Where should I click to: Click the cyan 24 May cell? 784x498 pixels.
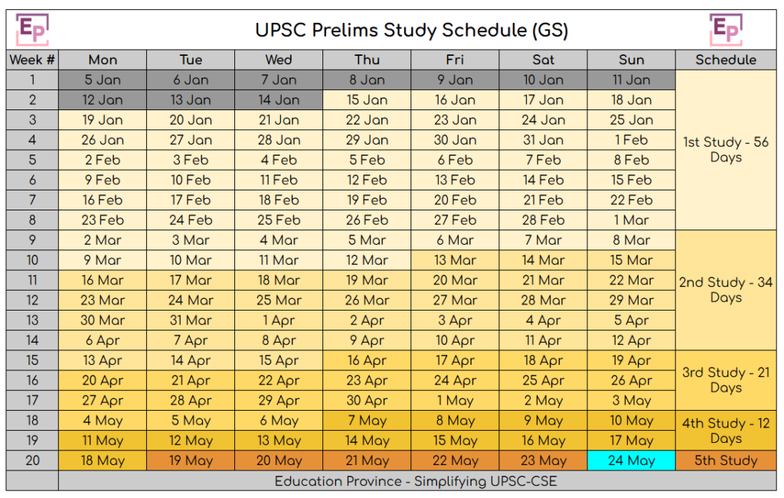click(631, 461)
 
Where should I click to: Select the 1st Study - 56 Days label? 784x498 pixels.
click(725, 150)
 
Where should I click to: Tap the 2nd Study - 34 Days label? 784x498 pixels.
click(725, 290)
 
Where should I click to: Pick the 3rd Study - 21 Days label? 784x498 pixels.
click(725, 380)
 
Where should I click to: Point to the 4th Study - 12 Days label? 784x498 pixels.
click(725, 431)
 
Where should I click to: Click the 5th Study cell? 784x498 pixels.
click(725, 461)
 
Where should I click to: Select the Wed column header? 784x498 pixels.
click(279, 60)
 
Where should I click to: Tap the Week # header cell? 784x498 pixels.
click(32, 60)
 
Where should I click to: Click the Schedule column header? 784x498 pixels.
click(725, 60)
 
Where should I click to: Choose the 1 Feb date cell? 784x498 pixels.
click(631, 140)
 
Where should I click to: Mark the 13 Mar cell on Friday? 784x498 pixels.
click(455, 260)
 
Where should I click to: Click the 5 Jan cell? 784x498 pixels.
click(103, 80)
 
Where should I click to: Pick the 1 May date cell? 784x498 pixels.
click(455, 401)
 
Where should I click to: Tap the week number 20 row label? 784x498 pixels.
click(32, 461)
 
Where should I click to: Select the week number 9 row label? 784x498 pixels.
click(32, 240)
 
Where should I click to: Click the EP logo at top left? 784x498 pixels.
click(33, 29)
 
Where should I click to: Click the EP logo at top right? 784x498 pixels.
click(726, 29)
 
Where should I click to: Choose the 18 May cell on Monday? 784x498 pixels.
click(103, 461)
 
